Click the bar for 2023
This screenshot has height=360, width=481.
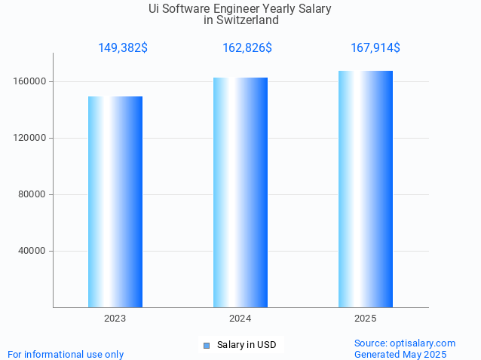115,202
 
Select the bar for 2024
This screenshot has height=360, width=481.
240,192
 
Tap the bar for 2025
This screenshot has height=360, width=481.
366,189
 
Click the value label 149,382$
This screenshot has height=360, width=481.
123,48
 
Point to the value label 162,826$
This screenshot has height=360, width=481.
247,48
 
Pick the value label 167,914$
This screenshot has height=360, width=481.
375,48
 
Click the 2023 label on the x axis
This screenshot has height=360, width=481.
115,319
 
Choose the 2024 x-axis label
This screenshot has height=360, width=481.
240,319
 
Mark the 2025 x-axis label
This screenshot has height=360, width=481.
366,319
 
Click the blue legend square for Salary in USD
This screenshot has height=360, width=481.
207,346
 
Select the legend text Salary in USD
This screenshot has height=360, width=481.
247,345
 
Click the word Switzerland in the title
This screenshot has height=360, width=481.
247,20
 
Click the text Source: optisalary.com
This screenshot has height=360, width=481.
405,343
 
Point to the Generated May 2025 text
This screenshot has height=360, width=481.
400,354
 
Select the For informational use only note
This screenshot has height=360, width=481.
66,354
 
